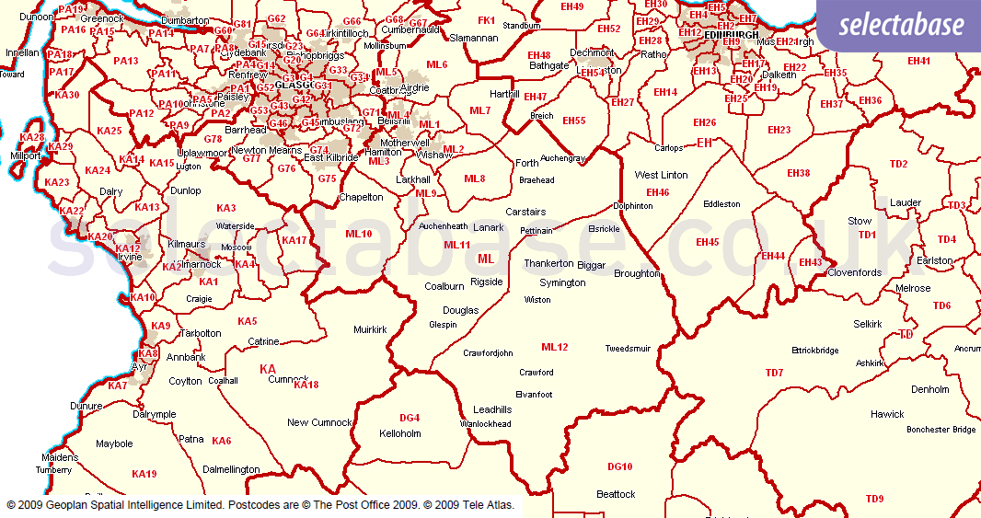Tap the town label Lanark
pos(489,227)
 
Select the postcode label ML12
pos(555,347)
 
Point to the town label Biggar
pos(592,265)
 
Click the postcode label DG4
pos(410,418)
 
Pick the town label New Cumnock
pos(319,422)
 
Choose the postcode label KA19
pos(144,474)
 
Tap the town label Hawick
pos(887,414)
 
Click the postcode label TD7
pos(774,373)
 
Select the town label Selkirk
pos(867,324)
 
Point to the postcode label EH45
pos(708,242)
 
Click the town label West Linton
pos(661,175)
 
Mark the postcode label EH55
pos(574,121)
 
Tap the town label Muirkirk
pos(370,328)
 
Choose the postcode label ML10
pos(359,234)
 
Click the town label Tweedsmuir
pos(628,349)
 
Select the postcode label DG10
pos(620,466)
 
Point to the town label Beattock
pos(616,494)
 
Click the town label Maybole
pos(115,443)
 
